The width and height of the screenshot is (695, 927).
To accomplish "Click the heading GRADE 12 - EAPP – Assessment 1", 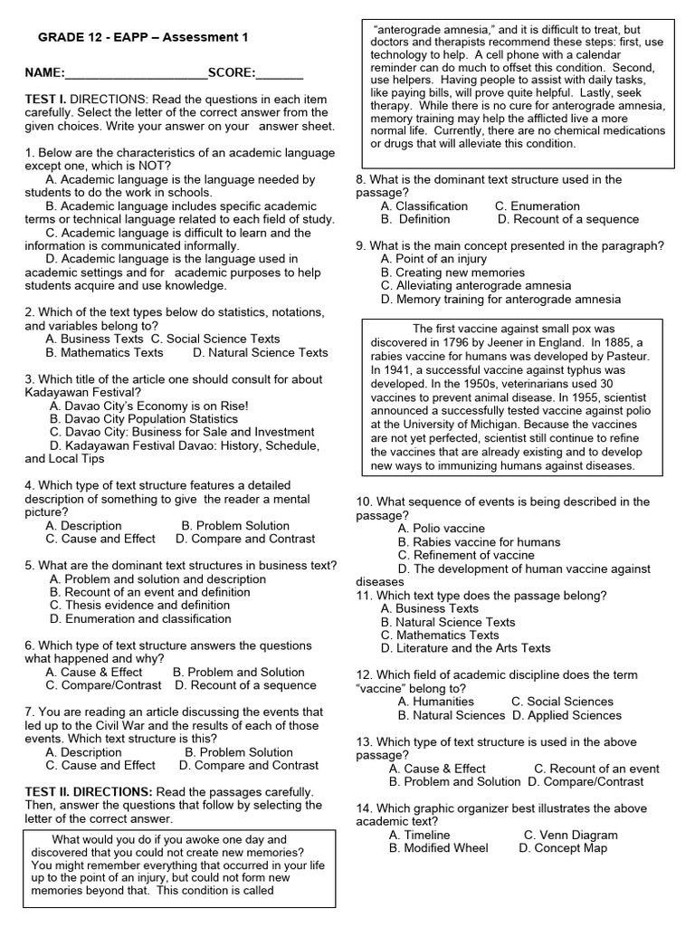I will (x=142, y=37).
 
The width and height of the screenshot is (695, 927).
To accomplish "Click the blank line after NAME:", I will (x=136, y=72).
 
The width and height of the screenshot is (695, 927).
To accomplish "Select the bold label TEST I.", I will (x=45, y=99).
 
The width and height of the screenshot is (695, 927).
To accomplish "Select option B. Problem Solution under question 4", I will (x=235, y=525).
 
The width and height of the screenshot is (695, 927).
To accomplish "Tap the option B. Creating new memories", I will (x=452, y=272).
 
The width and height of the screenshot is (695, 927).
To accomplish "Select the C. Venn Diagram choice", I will (x=571, y=835).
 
